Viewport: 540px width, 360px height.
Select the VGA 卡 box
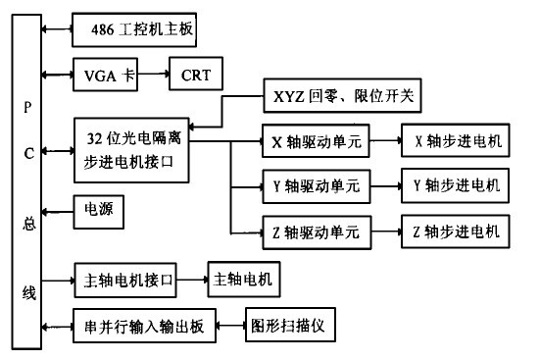pyautogui.click(x=109, y=73)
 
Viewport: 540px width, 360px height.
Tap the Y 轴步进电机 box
pyautogui.click(x=457, y=184)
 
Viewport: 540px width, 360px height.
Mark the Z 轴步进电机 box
pyautogui.click(x=457, y=232)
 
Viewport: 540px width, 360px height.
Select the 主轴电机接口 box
pyautogui.click(x=126, y=281)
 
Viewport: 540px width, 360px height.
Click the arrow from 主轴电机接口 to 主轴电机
pyautogui.click(x=193, y=281)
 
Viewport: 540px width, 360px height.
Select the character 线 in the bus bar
pyautogui.click(x=28, y=291)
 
